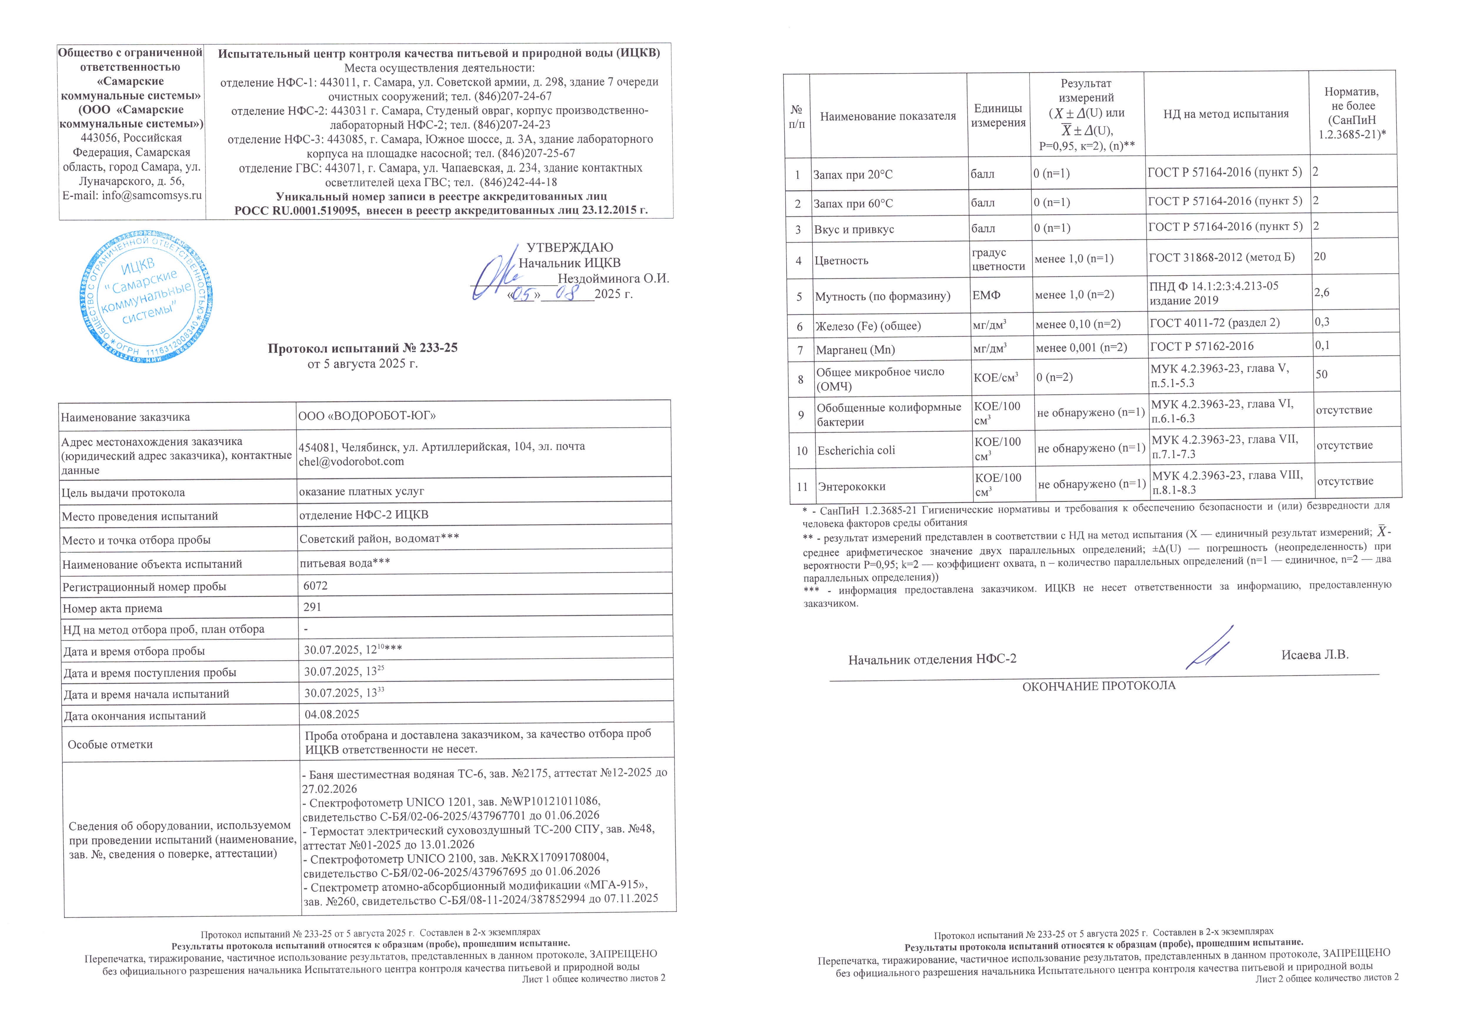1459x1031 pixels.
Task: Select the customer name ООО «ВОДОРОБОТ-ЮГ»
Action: (367, 416)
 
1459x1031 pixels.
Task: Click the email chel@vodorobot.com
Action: (351, 462)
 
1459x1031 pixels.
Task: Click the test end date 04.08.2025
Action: (332, 715)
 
